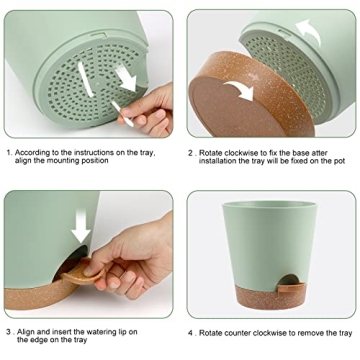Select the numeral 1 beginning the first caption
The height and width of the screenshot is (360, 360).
pyautogui.click(x=8, y=153)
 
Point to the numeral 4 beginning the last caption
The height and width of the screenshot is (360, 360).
pyautogui.click(x=193, y=332)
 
